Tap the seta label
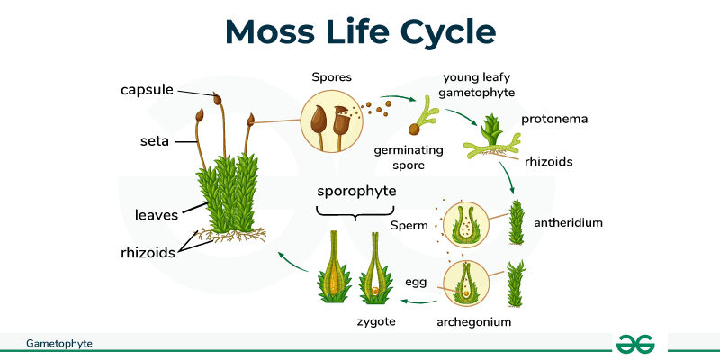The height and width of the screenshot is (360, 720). [155, 140]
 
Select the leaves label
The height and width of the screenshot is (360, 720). [157, 214]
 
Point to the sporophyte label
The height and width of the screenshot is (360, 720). [356, 192]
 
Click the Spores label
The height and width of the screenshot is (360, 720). [330, 79]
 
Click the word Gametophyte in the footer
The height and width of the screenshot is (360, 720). [59, 343]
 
